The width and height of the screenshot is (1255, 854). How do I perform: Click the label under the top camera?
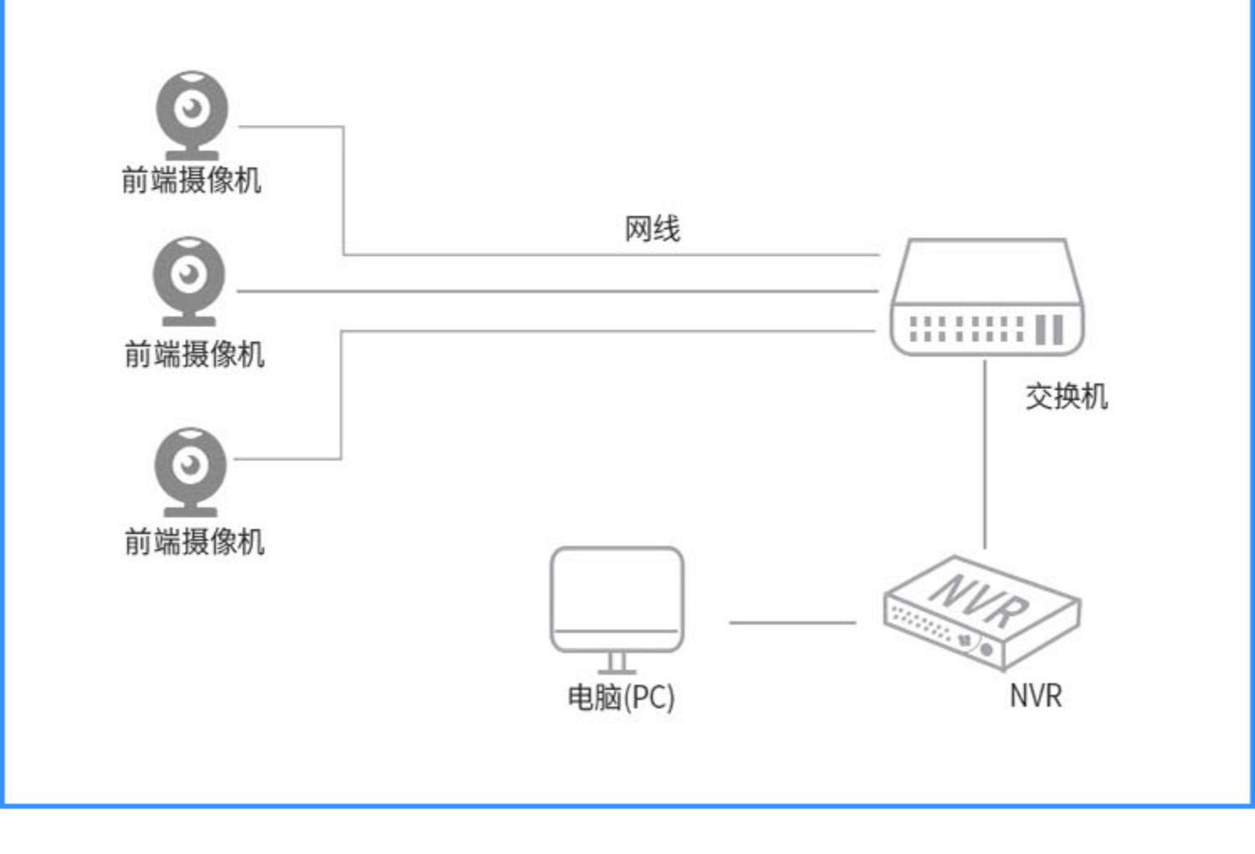pyautogui.click(x=192, y=181)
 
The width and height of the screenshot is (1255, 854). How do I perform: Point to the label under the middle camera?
pyautogui.click(x=194, y=354)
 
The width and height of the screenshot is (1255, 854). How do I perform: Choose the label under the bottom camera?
pyautogui.click(x=194, y=542)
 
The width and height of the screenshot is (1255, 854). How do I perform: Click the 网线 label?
pyautogui.click(x=653, y=229)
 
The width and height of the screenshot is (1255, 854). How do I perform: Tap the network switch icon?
pyautogui.click(x=987, y=296)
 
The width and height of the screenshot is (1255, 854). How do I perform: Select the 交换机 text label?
pyautogui.click(x=1067, y=396)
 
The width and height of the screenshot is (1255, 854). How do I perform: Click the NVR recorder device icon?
pyautogui.click(x=982, y=613)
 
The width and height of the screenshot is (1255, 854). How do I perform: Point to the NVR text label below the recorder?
pyautogui.click(x=1036, y=696)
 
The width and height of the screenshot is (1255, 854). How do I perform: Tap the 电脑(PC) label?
pyautogui.click(x=622, y=698)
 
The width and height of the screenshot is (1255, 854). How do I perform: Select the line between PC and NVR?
pyautogui.click(x=793, y=622)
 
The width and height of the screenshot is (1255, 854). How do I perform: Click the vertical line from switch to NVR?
pyautogui.click(x=985, y=454)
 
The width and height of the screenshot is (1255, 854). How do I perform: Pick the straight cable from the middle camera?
pyautogui.click(x=557, y=291)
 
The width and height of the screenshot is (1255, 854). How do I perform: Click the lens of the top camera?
pyautogui.click(x=192, y=108)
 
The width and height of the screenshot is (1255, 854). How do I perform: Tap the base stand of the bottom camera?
pyautogui.click(x=191, y=512)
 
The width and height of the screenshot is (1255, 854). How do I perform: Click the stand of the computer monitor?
pyautogui.click(x=617, y=663)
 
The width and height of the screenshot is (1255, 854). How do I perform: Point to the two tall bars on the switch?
pyautogui.click(x=1049, y=329)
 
